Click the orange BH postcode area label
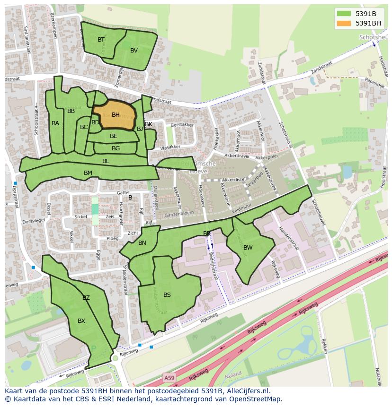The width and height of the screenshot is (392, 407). pos(116,115)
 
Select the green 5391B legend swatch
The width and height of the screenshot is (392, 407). pos(344,13)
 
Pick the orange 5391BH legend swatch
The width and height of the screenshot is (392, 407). pos(344,23)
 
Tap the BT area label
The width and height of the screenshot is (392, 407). pos(101,40)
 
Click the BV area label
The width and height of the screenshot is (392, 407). pos(134,51)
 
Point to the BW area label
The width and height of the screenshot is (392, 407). pos(248,248)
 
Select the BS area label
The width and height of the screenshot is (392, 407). pos(167,295)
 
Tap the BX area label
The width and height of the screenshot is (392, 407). pos(81,321)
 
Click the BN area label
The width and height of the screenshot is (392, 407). pos(142,243)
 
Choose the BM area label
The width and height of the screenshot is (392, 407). pos(88,173)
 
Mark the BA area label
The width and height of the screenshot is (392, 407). pos(55,123)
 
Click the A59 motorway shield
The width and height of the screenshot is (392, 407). pos(169,377)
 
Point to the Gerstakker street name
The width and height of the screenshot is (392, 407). pos(182,125)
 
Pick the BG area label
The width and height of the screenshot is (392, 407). pos(116,148)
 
